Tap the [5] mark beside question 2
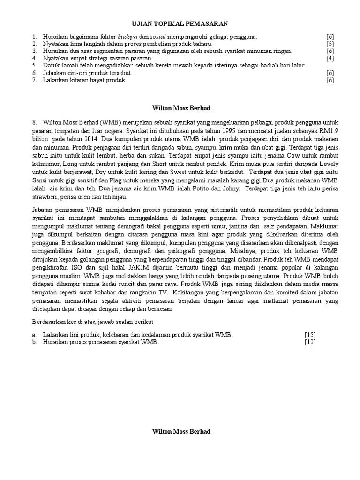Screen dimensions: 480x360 click(330, 44)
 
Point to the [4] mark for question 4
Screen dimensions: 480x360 click(330, 58)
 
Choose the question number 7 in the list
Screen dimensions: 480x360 click(34, 80)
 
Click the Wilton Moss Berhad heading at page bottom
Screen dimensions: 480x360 click(181, 431)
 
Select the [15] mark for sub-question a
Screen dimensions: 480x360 click(310, 335)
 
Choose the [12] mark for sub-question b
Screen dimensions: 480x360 click(310, 342)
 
